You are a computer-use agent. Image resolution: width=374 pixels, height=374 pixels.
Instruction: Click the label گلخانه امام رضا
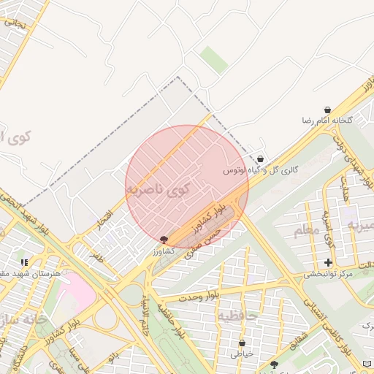click(328, 120)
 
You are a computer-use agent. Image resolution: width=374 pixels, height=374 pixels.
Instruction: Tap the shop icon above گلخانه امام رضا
click(327, 110)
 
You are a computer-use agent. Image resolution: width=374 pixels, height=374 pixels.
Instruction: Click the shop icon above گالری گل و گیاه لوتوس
click(260, 159)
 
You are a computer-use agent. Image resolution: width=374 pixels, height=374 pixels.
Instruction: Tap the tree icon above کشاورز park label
click(163, 240)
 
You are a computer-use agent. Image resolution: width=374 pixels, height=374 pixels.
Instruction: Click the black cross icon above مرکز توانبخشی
click(328, 262)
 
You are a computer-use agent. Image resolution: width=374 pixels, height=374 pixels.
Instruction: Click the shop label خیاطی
click(242, 354)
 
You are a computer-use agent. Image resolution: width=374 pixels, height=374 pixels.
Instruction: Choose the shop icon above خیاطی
click(242, 343)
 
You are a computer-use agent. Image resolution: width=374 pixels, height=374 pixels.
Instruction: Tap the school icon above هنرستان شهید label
click(24, 262)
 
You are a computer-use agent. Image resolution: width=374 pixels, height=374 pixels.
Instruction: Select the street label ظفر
click(96, 256)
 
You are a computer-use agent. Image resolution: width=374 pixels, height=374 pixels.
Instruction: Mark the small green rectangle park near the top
click(214, 59)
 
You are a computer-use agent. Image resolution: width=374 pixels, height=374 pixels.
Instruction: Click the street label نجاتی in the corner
click(14, 22)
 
